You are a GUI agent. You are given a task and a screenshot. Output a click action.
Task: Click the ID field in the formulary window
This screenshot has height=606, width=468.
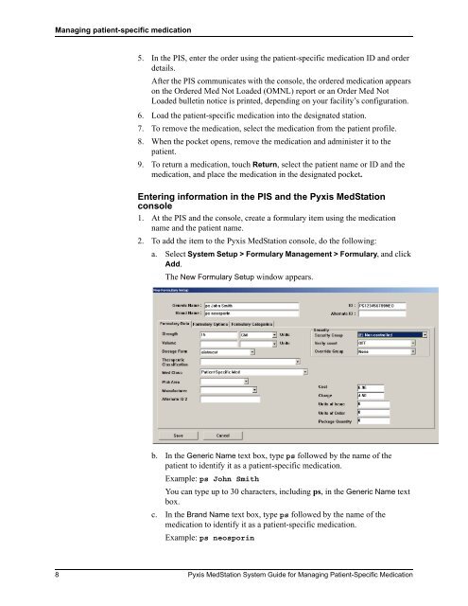(382, 306)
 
